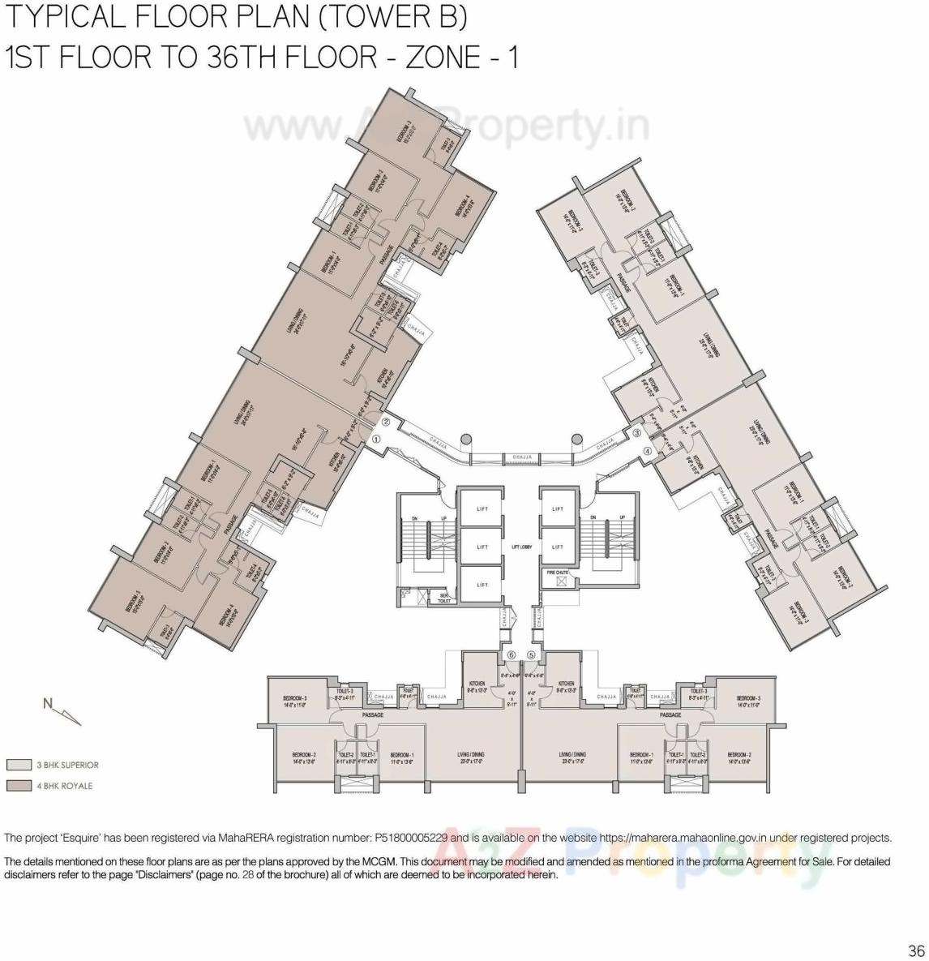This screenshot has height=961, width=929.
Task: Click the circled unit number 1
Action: pyautogui.click(x=376, y=439)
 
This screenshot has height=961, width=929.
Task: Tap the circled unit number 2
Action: pyautogui.click(x=387, y=423)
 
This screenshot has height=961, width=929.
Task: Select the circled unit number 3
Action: pyautogui.click(x=637, y=434)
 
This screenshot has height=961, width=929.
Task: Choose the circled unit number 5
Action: pyautogui.click(x=532, y=655)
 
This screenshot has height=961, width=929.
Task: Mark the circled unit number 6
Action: pyautogui.click(x=511, y=655)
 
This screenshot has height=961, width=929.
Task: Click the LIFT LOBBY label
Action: pyautogui.click(x=521, y=547)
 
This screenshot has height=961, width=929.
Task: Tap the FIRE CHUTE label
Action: pyautogui.click(x=557, y=573)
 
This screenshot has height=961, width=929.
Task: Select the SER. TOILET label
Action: pyautogui.click(x=444, y=598)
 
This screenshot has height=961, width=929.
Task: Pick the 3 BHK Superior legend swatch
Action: pyautogui.click(x=19, y=765)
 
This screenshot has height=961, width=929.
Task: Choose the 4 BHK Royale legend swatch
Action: pyautogui.click(x=19, y=786)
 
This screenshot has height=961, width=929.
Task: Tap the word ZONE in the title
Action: pyautogui.click(x=442, y=58)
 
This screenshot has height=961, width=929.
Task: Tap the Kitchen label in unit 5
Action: pyautogui.click(x=566, y=687)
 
